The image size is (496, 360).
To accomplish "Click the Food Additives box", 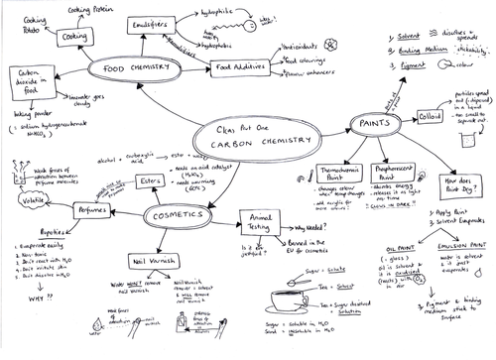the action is (240, 67).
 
